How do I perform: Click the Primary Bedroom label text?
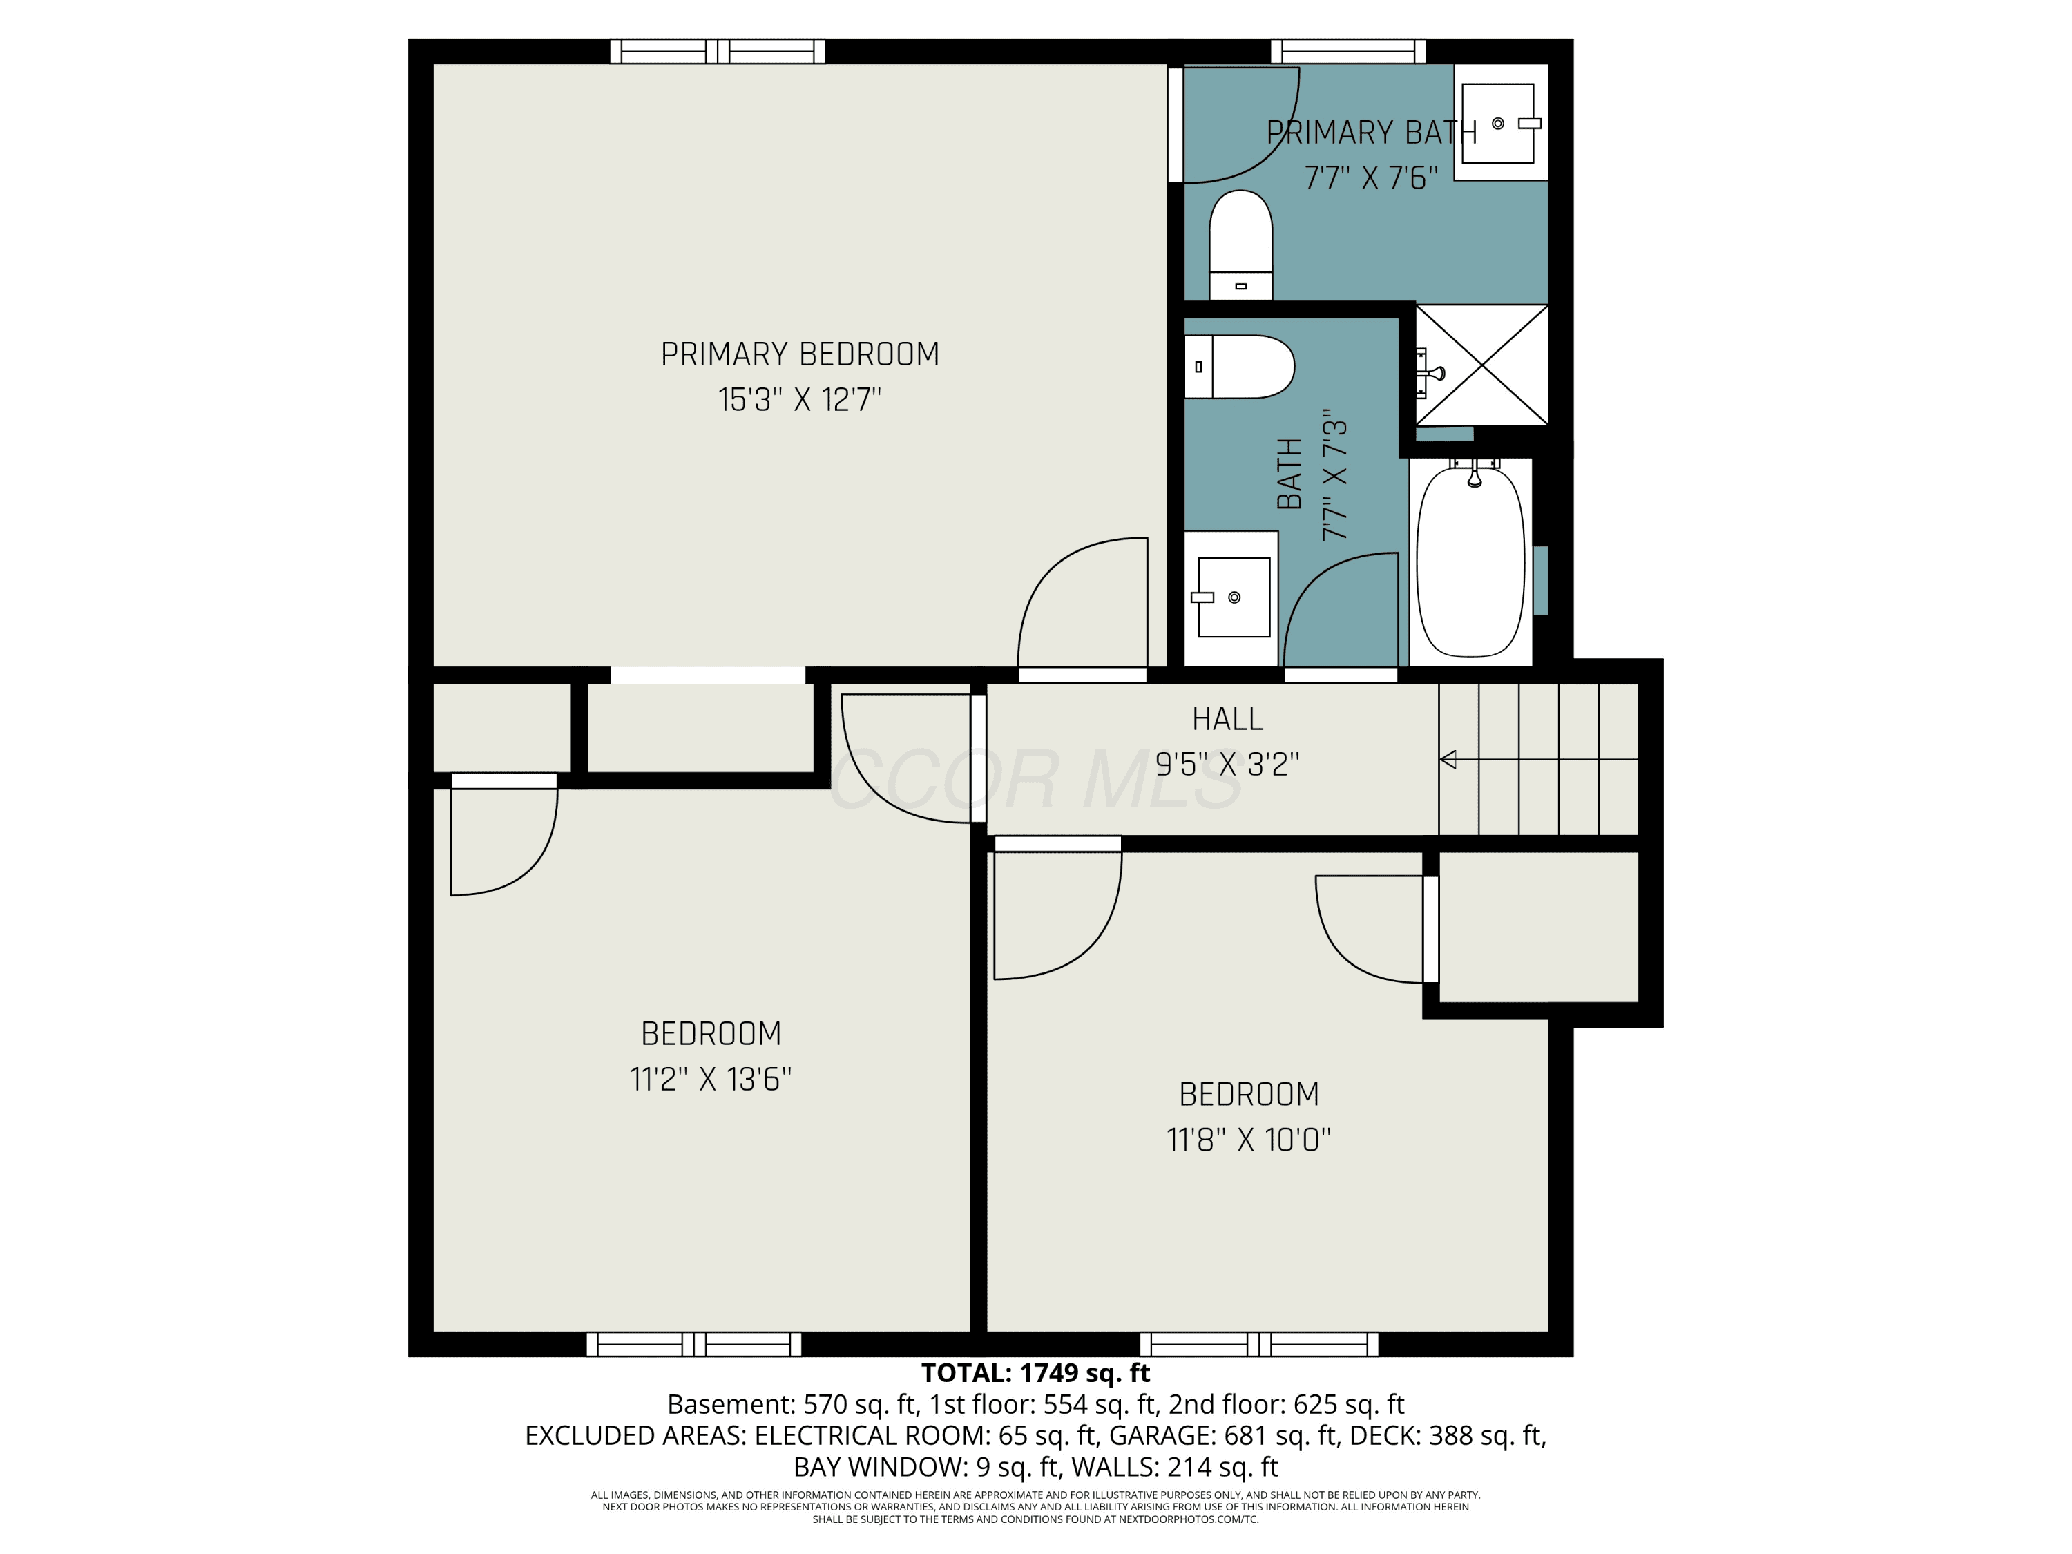799,354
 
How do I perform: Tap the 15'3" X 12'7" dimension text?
799,400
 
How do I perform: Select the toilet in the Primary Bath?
1240,245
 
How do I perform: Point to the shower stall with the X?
1481,365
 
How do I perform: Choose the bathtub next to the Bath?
1470,561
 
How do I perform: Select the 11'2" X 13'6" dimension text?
711,1079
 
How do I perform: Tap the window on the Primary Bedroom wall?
718,52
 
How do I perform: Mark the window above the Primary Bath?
1348,52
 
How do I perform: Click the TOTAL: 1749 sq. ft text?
1035,1373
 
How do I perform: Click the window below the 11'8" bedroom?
1259,1344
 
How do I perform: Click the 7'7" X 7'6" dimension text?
1372,177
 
